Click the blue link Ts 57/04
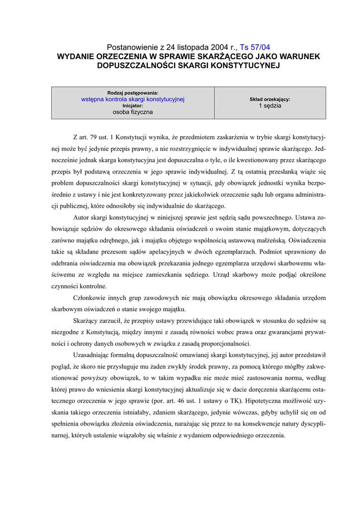pos(255,47)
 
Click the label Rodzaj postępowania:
pos(133,93)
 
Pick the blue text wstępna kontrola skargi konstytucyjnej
pos(133,99)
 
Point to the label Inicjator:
pos(133,106)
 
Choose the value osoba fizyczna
pos(133,112)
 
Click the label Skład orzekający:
pos(270,99)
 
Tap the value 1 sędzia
pos(270,106)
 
